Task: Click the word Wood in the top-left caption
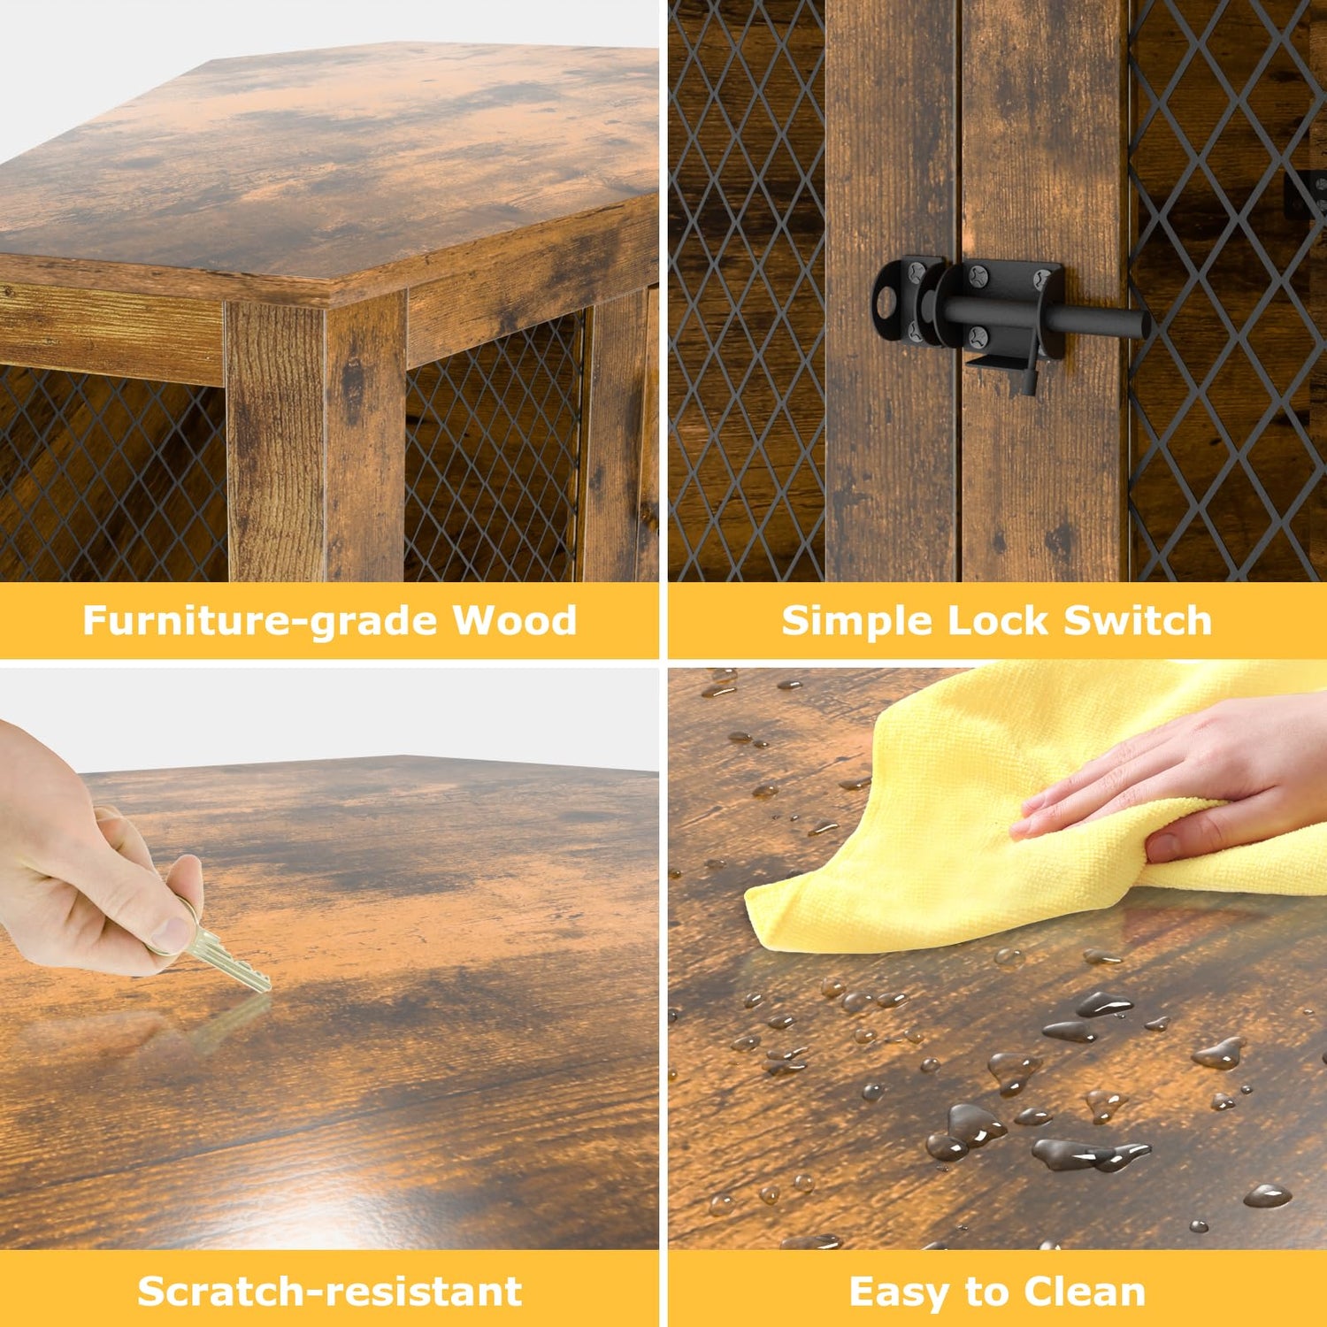pyautogui.click(x=515, y=619)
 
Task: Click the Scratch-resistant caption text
pyautogui.click(x=330, y=1292)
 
